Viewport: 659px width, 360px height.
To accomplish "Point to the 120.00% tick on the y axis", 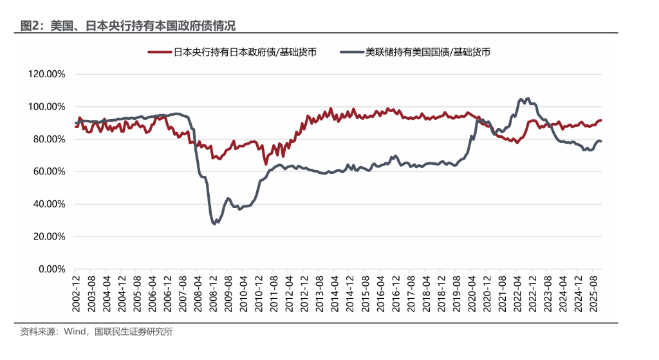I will tap(47, 74).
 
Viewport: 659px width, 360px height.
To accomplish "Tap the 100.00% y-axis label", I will tap(47, 106).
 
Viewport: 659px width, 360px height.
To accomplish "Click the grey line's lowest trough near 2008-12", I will tap(214, 223).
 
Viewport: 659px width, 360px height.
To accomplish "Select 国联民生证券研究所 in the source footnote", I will tap(134, 332).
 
